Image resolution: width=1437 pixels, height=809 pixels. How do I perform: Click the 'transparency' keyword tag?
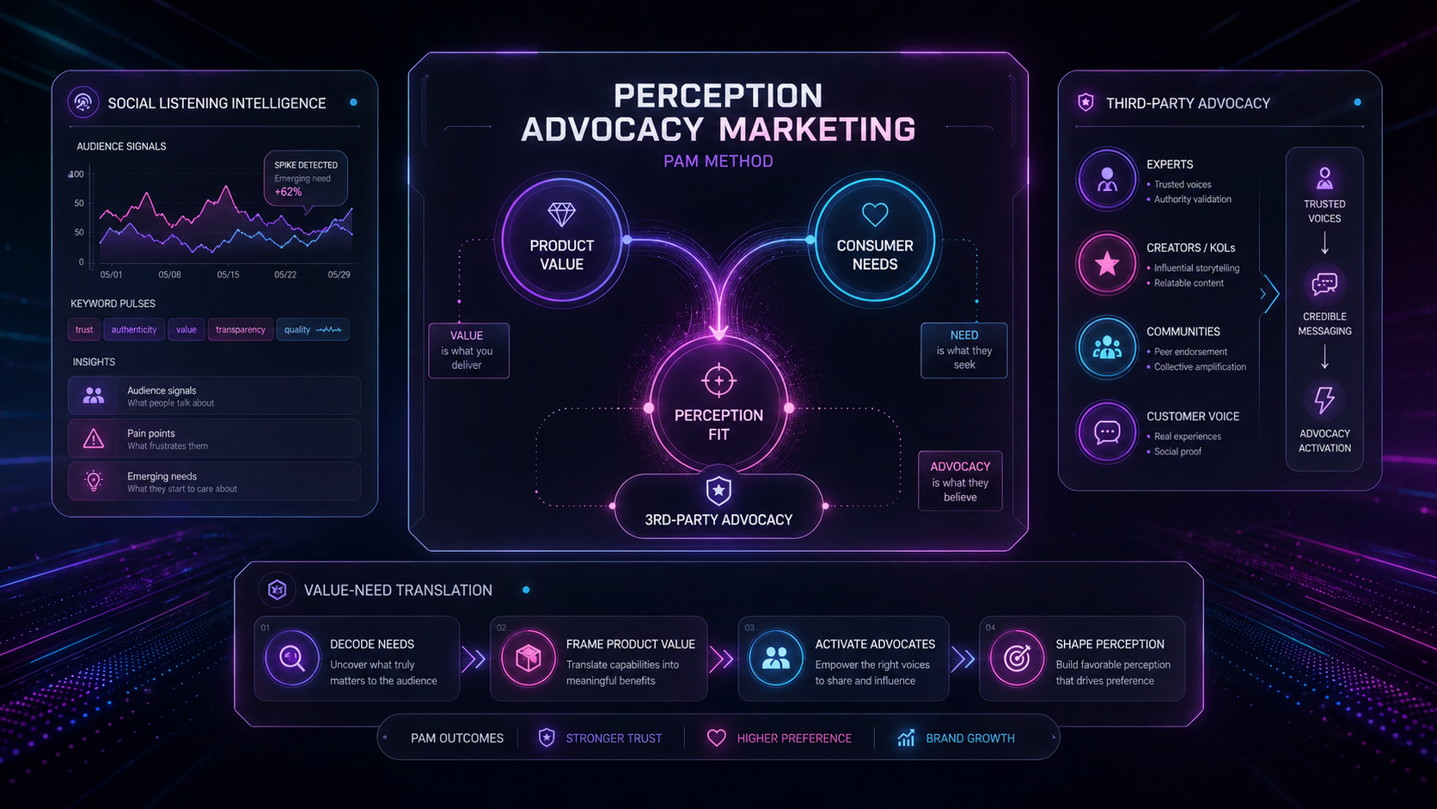click(x=241, y=330)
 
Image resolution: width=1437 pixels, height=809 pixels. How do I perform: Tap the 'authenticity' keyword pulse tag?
click(x=134, y=330)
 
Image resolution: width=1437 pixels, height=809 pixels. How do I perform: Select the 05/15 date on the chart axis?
click(x=228, y=274)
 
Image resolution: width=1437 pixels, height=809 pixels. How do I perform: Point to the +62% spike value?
click(x=288, y=192)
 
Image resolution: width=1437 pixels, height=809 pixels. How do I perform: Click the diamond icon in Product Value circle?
click(x=561, y=214)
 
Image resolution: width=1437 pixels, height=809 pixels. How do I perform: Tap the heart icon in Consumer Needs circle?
click(x=874, y=214)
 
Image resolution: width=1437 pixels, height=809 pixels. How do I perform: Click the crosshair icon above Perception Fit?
click(x=718, y=381)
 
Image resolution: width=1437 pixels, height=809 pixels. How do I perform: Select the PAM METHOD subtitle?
click(x=718, y=161)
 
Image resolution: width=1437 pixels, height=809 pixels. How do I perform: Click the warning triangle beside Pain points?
click(x=94, y=438)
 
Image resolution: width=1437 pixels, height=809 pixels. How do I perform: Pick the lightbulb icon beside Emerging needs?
click(x=94, y=481)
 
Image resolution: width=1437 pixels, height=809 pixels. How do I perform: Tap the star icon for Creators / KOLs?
click(x=1107, y=264)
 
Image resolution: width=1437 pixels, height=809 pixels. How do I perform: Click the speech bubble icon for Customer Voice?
click(x=1107, y=432)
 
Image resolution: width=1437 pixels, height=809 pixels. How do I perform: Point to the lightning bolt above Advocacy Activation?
click(x=1324, y=400)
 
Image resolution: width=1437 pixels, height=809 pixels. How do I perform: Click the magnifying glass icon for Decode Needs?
click(x=291, y=659)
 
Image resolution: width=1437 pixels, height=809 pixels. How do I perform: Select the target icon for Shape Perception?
click(x=1017, y=659)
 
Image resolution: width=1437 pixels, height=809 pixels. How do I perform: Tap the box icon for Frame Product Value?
click(x=528, y=659)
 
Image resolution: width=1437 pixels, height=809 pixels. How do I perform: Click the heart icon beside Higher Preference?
click(x=716, y=738)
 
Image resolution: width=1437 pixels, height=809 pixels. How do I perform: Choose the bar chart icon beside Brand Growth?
click(x=906, y=738)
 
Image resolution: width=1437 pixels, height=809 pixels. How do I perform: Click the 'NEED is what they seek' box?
click(x=963, y=350)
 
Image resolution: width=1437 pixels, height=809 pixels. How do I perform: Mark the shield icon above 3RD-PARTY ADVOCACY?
click(x=718, y=491)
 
